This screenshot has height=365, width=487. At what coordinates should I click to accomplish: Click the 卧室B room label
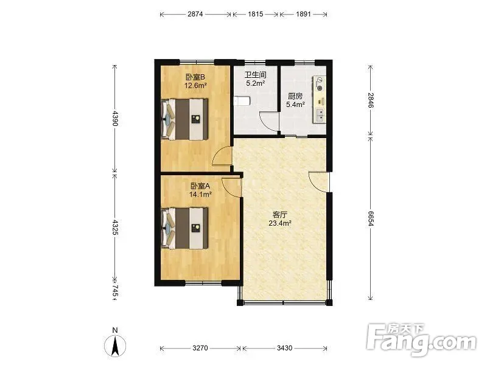pos(195,77)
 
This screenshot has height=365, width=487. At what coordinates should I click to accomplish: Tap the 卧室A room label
pos(200,186)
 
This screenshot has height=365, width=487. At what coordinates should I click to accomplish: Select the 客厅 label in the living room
pos(280,215)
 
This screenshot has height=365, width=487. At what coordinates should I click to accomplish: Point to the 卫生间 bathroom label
pos(255,75)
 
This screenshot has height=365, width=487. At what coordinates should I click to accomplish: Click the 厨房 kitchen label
pos(295,96)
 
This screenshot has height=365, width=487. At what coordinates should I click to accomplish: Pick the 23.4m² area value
pos(280,223)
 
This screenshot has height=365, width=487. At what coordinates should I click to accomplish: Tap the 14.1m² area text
pos(200,195)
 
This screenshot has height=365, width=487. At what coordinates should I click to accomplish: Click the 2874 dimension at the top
pos(195,14)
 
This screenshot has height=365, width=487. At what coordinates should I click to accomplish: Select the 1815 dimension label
pos(255,14)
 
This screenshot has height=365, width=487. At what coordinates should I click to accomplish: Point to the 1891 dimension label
pos(303,14)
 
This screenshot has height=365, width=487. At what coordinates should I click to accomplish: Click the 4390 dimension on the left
pos(115,118)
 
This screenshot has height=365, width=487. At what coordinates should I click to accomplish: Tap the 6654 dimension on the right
pos(370,218)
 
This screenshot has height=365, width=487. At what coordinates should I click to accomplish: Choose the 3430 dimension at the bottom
pos(284,348)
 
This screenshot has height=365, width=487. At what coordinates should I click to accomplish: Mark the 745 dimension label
pos(115,291)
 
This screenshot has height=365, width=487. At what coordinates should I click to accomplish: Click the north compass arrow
pos(115,346)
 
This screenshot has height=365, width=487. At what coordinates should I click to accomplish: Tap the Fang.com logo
pos(421,340)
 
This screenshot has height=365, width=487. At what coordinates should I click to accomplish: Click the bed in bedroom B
pos(184,119)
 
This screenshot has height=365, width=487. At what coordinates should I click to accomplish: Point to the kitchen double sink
pos(320,114)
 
